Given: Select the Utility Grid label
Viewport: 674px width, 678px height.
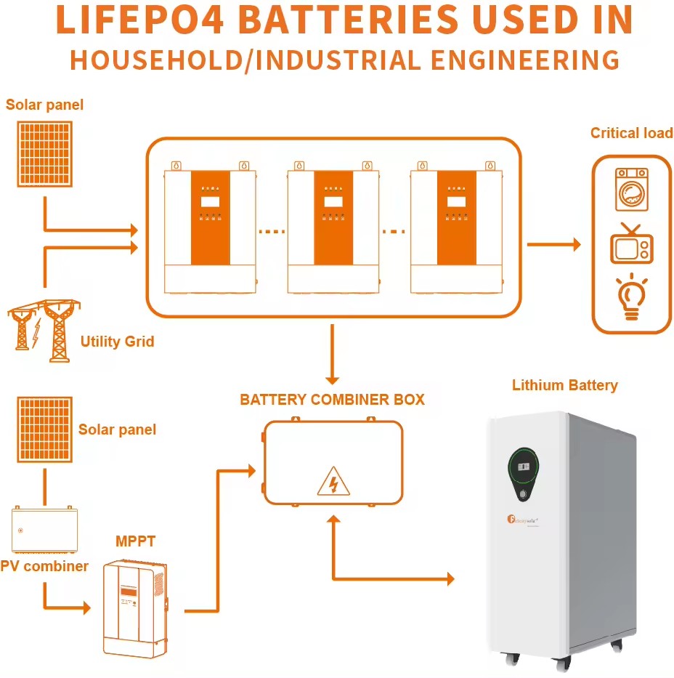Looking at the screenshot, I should tap(117, 341).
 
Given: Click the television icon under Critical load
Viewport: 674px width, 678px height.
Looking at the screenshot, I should tap(631, 244).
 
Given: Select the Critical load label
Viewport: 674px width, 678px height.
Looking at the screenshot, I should tap(631, 133).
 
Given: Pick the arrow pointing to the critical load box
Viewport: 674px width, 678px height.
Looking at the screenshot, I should tap(553, 245).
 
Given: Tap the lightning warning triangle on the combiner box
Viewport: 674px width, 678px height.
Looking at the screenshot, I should tap(333, 481).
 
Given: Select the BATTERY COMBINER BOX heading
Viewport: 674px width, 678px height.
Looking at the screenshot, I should tap(332, 400).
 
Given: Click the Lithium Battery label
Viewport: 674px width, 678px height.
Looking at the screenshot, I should tap(564, 385).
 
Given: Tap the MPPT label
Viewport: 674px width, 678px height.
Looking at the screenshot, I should tap(135, 541).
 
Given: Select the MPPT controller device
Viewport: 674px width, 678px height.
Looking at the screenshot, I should tap(135, 608).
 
